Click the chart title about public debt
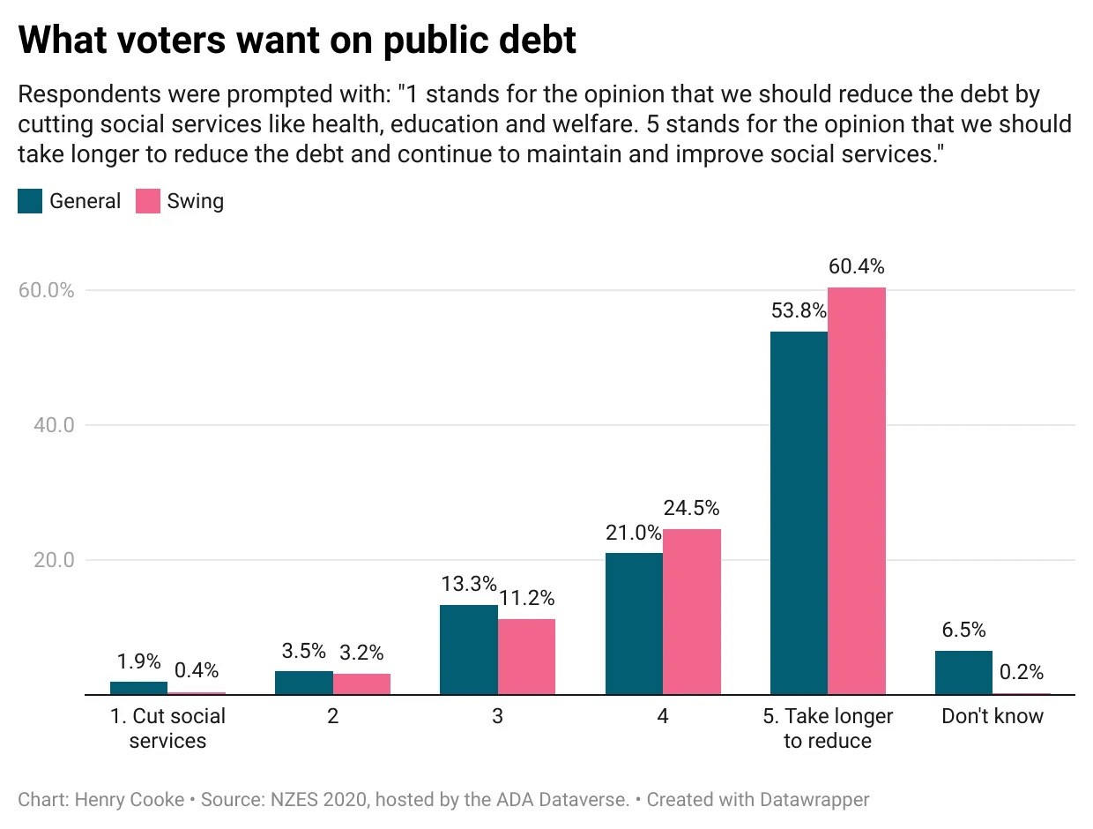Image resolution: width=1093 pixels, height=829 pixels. pyautogui.click(x=297, y=40)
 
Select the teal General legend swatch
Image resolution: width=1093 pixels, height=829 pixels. pyautogui.click(x=30, y=201)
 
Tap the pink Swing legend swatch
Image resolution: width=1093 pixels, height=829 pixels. pyautogui.click(x=147, y=201)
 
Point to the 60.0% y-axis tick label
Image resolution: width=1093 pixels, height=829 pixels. pyautogui.click(x=47, y=290)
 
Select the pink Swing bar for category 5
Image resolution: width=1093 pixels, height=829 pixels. pyautogui.click(x=856, y=491)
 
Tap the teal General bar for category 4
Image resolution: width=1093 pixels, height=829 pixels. pyautogui.click(x=634, y=624)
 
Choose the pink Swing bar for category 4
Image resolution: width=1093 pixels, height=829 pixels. pyautogui.click(x=692, y=612)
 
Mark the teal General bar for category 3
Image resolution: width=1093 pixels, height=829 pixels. pyautogui.click(x=469, y=650)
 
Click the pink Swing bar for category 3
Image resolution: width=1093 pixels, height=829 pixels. pyautogui.click(x=526, y=657)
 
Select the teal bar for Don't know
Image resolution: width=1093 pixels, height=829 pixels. pyautogui.click(x=963, y=673)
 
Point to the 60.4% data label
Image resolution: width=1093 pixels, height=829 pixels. pyautogui.click(x=856, y=265)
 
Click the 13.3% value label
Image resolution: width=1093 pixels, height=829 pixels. pyautogui.click(x=468, y=584)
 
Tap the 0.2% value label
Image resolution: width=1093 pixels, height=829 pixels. pyautogui.click(x=1021, y=672)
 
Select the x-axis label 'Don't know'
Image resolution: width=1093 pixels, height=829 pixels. pyautogui.click(x=992, y=716)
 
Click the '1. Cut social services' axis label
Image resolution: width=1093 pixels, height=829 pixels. pyautogui.click(x=167, y=728)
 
